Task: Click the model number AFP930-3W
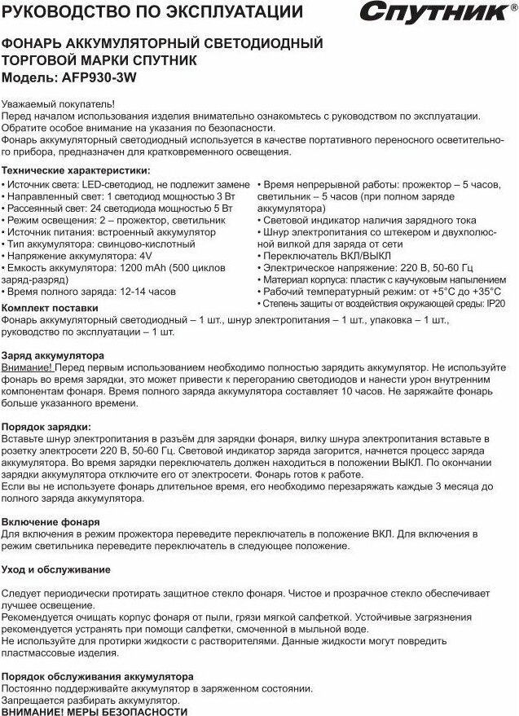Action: (92, 79)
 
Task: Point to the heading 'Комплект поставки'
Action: (51, 308)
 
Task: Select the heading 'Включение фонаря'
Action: (51, 521)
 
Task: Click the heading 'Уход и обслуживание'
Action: (56, 569)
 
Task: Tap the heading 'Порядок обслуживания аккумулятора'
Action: (98, 676)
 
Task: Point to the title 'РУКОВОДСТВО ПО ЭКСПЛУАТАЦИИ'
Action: (145, 12)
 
